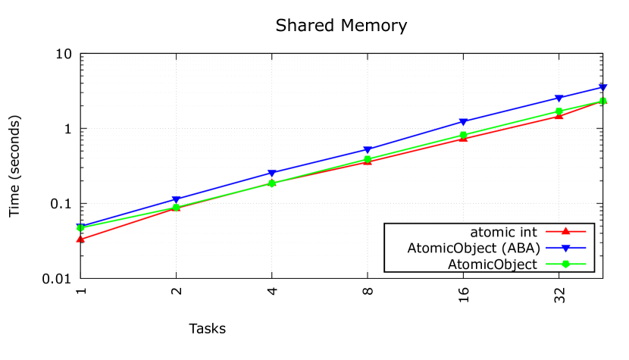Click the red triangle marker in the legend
tap(565, 231)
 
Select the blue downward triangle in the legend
tap(565, 248)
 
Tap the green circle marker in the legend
tap(565, 264)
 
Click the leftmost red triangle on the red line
tap(80, 239)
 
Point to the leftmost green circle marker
tap(80, 228)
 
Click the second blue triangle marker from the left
tap(176, 200)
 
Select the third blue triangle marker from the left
tap(271, 174)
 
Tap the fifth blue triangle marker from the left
tap(463, 122)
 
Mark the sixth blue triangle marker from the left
tap(559, 99)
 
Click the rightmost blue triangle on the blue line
tap(603, 88)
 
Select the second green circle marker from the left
tap(176, 207)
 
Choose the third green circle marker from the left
tap(272, 183)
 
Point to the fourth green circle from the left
tap(368, 159)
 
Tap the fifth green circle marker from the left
tap(464, 135)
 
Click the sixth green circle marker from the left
tap(559, 111)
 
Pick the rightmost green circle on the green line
tap(603, 101)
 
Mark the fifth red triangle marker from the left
tap(464, 139)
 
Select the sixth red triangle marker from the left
tap(559, 115)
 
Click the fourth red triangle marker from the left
tap(368, 161)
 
